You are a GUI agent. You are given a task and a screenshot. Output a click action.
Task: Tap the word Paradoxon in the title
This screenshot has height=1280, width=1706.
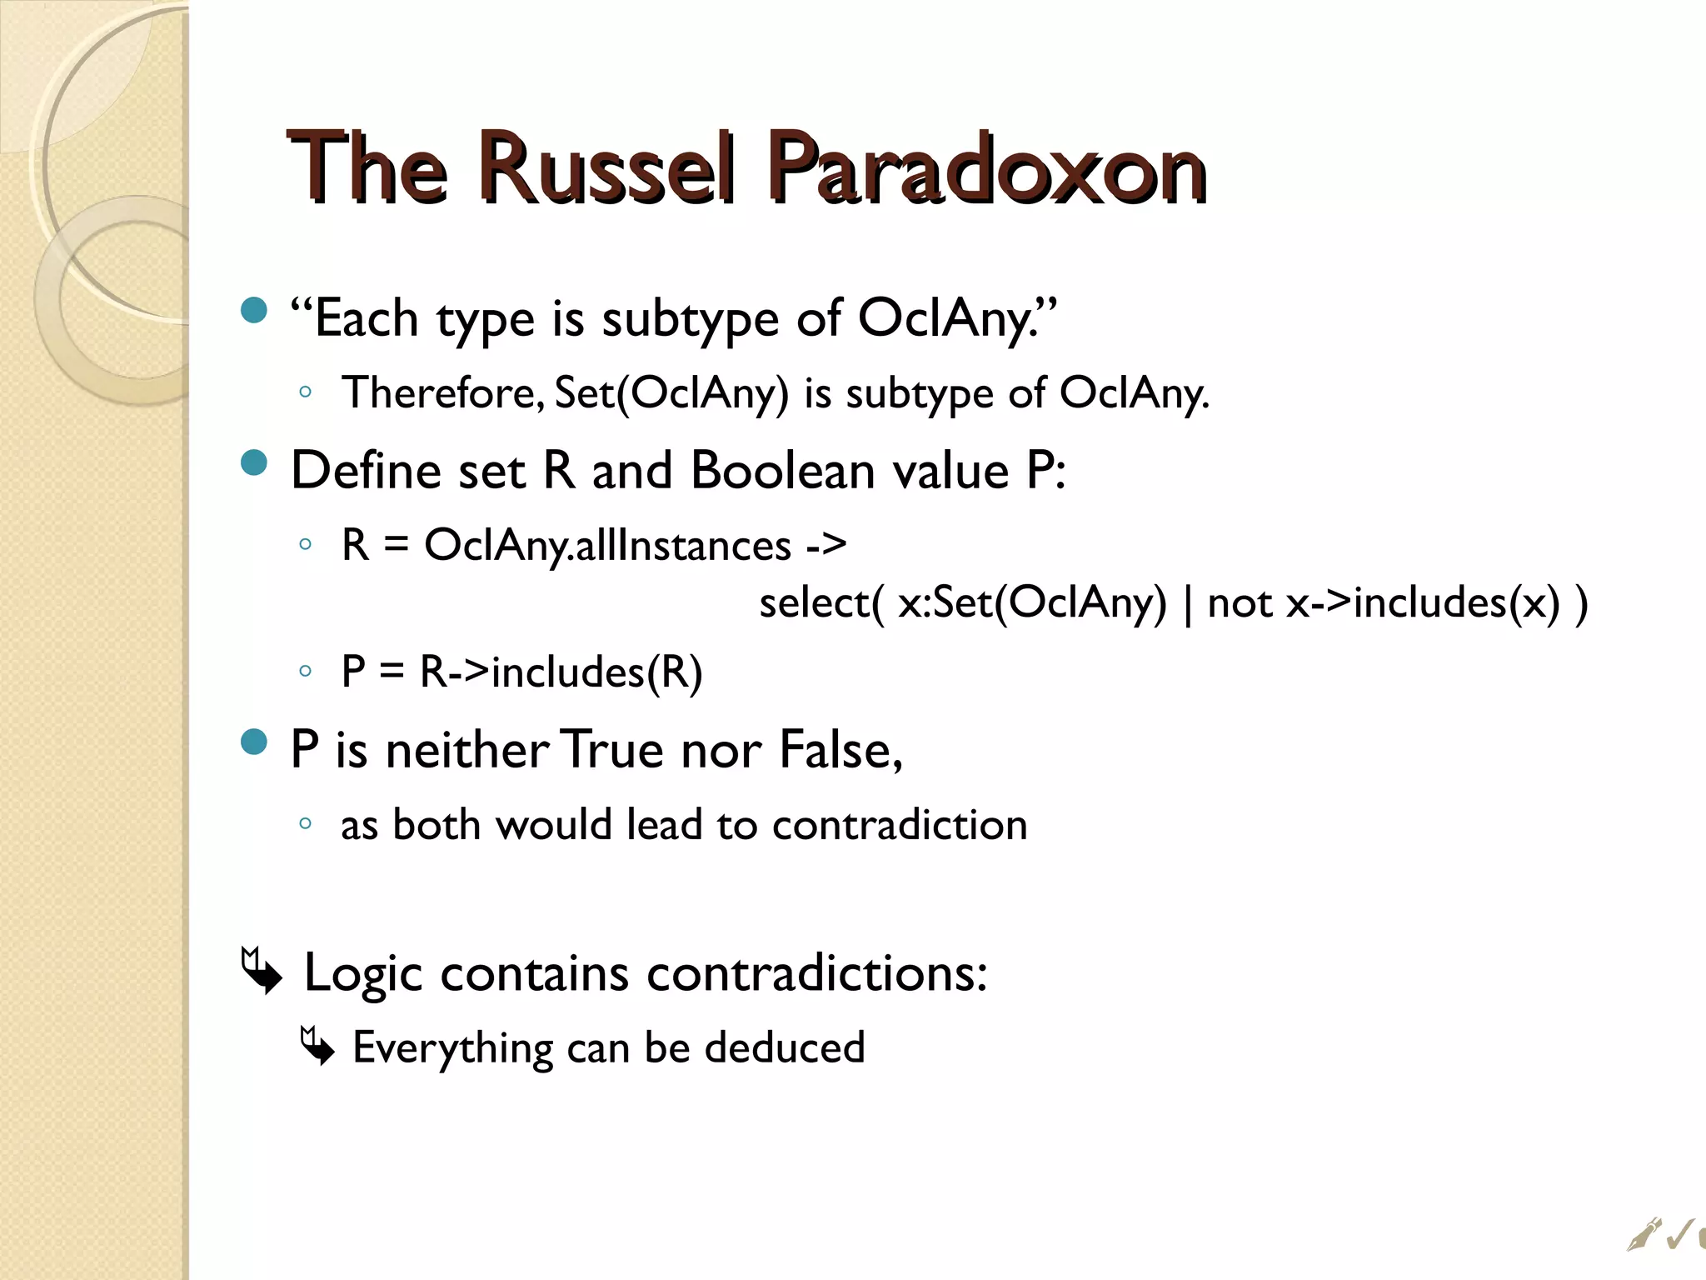pos(986,169)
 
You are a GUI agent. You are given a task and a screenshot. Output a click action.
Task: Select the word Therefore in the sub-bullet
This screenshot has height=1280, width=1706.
pos(442,392)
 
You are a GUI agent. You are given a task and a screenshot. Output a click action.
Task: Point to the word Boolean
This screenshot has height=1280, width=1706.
pos(782,471)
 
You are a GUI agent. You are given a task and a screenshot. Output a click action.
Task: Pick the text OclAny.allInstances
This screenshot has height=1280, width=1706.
pos(607,547)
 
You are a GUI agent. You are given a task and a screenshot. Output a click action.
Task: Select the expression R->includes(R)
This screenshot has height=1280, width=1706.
pos(561,672)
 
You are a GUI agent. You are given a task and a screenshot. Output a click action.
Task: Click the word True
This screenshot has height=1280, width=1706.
pos(613,749)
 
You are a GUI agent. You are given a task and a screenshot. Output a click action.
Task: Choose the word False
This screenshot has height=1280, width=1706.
pos(840,749)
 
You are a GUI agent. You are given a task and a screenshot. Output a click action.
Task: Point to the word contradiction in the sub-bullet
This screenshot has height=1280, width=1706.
pos(900,825)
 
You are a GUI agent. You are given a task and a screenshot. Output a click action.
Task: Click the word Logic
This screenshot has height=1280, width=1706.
pos(363,973)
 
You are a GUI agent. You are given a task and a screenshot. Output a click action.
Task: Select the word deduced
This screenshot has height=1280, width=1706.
pos(784,1047)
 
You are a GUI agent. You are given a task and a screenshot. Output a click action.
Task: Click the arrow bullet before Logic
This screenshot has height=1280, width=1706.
pos(261,971)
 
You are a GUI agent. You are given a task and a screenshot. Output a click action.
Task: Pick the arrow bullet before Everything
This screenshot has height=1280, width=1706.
pos(317,1047)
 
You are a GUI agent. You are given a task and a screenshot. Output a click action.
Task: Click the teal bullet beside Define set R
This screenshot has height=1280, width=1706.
pos(254,462)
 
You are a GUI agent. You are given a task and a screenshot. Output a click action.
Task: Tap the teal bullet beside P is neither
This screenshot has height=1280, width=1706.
pos(254,741)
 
